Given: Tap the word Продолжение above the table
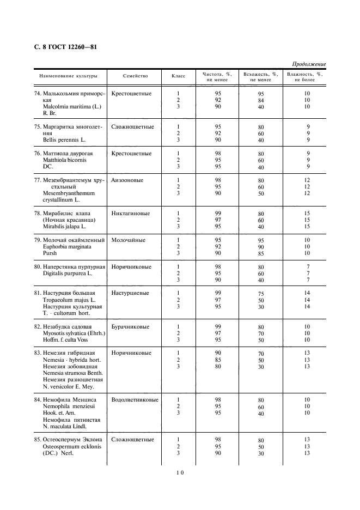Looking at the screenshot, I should pos(308,64).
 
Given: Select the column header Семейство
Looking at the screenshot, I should pos(136,76).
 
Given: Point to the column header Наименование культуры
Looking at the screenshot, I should pos(68,76).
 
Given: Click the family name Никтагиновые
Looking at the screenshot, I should pos(131,213).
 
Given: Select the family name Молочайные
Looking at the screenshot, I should pos(128,240).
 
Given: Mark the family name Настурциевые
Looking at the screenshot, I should pos(131,293).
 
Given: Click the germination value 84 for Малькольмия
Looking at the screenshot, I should pos(261,100).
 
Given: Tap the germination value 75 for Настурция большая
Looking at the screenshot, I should pos(261,294).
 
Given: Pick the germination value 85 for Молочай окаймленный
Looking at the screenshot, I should pos(261,253).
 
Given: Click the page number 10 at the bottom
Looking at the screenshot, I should pos(180,473).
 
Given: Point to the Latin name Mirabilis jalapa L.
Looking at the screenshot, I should pos(64,226).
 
